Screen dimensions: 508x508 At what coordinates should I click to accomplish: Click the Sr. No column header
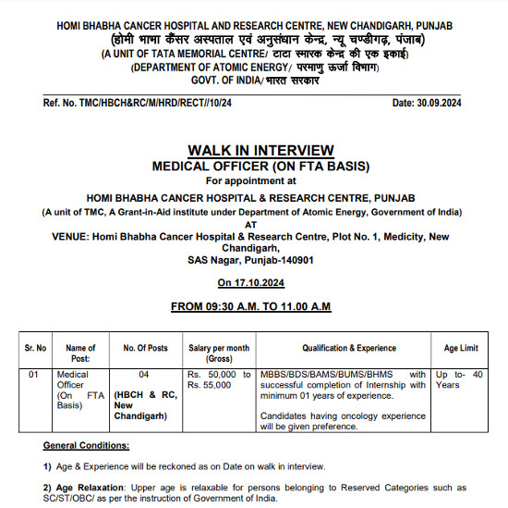36,348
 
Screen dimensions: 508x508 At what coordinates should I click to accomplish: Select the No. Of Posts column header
146,348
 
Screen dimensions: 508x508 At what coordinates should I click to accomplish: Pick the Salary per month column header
219,353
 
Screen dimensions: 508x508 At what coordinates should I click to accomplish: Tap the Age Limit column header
461,348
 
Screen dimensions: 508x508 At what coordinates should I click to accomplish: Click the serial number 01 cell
34,374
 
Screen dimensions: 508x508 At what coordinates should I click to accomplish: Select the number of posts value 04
143,374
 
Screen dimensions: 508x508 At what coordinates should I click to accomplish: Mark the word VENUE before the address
70,237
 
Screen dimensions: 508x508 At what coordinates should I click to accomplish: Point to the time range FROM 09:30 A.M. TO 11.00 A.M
251,306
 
